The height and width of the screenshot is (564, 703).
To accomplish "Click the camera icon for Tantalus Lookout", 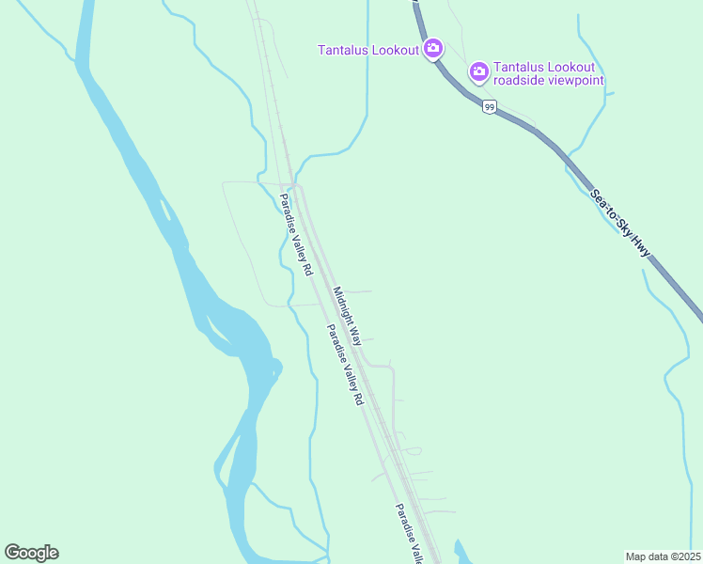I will [x=432, y=49].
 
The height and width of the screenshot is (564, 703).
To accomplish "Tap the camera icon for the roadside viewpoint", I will [x=478, y=71].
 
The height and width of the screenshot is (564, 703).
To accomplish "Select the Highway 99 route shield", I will [x=489, y=107].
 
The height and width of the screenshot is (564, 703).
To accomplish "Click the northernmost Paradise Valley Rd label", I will [x=295, y=234].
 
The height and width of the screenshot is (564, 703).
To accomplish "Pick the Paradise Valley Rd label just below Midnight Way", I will [x=344, y=365].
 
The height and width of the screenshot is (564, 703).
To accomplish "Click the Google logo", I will [x=31, y=553].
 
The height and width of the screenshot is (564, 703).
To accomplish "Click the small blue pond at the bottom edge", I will [x=461, y=553].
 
